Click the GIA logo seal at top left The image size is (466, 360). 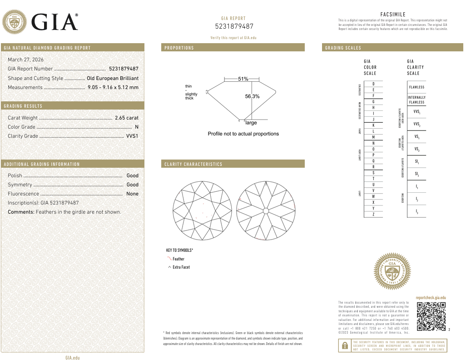pos(15,21)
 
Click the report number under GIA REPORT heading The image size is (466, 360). pos(233,26)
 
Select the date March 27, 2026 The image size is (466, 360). pos(26,60)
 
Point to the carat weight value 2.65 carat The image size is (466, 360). pos(126,118)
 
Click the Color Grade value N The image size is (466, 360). pos(136,127)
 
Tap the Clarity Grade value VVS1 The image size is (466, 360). pos(132,136)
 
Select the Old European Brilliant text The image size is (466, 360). pos(113,78)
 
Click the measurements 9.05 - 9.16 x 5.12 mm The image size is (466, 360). pos(113,87)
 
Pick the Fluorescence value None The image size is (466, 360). pos(132,194)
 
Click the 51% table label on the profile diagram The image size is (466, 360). pos(243,79)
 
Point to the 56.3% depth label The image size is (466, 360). pos(252,96)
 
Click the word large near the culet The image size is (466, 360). pos(251,123)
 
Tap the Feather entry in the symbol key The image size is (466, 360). pos(178,259)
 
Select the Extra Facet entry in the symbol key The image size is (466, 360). pos(181,267)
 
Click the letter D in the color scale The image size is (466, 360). pos(373,84)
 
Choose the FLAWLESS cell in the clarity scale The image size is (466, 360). pos(416,87)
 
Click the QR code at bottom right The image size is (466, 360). pos(431,316)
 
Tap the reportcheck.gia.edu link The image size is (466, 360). pos(431,298)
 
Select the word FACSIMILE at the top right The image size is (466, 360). pos(393,15)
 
